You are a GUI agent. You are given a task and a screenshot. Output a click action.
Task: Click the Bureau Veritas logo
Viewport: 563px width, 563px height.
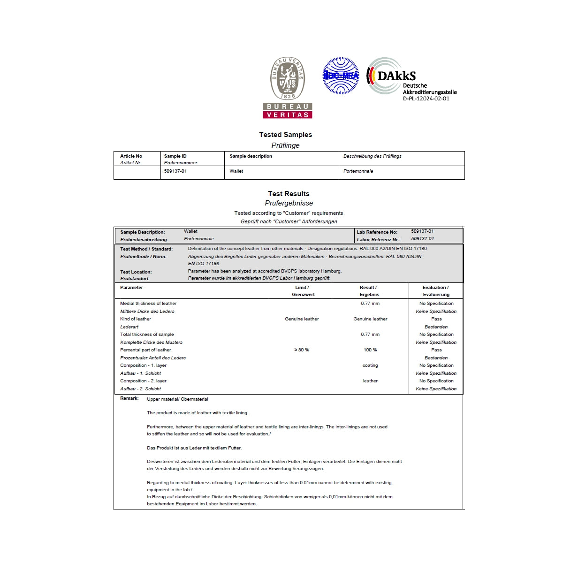tap(288, 87)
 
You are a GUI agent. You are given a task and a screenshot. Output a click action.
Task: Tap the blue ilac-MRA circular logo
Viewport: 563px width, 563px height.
tap(341, 76)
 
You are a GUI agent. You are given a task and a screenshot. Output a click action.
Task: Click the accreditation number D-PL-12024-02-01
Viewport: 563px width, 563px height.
tap(426, 99)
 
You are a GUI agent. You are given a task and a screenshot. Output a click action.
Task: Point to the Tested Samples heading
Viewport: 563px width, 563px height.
tap(285, 135)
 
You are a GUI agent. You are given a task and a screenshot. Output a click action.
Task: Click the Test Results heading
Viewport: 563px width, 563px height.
tap(289, 194)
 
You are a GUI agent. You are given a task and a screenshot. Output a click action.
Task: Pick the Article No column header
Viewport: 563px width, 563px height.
tap(131, 156)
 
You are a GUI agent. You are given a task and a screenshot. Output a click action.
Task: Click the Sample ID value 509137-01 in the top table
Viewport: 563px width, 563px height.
tap(175, 171)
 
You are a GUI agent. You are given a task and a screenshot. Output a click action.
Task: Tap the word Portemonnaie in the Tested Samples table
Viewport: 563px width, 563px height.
tap(358, 171)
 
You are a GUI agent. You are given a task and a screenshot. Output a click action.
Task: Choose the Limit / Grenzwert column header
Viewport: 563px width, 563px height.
tap(301, 291)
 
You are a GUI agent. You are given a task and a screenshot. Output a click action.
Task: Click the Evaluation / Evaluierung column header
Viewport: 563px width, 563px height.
tap(435, 291)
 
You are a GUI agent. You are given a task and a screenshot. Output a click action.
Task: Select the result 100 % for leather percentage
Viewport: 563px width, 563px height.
tap(370, 350)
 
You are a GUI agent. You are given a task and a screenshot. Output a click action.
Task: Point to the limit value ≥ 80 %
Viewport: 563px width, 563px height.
tap(301, 350)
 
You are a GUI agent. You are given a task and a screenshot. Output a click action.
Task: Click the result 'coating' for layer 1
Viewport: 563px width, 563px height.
tap(370, 365)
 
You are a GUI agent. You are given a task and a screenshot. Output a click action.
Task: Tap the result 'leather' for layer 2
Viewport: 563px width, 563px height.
tap(370, 381)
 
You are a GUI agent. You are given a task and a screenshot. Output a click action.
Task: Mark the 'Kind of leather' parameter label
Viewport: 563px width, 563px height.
tap(136, 319)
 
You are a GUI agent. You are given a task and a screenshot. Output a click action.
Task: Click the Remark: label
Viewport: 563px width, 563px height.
tap(129, 398)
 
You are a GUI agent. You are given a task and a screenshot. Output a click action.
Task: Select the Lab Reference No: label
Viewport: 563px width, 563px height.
tap(377, 232)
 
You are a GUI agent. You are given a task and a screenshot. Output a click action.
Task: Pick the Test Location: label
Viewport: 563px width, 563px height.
tap(136, 272)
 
